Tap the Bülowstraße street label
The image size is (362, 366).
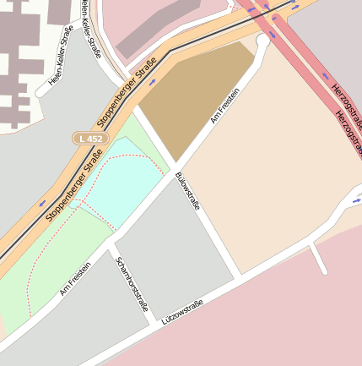pyautogui.click(x=187, y=193)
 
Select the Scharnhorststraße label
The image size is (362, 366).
pyautogui.click(x=132, y=284)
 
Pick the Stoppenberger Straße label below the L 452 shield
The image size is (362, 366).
pyautogui.click(x=73, y=185)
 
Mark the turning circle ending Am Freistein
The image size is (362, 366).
pyautogui.click(x=262, y=40)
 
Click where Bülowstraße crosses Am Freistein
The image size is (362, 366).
pyautogui.click(x=175, y=163)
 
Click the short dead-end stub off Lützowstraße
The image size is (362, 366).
pyautogui.click(x=318, y=259)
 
